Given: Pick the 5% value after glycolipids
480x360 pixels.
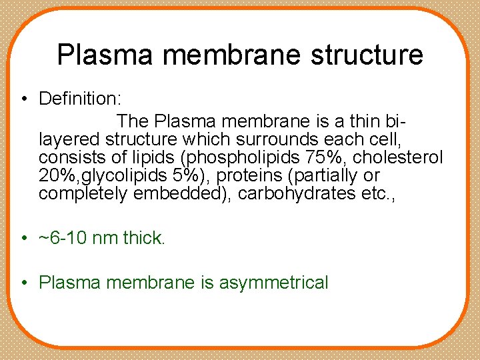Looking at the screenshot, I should coord(187,176).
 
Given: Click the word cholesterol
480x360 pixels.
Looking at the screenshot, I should coord(410,158).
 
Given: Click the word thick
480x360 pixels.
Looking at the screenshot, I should coord(143,238).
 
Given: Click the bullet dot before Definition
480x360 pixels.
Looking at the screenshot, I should coord(23,99).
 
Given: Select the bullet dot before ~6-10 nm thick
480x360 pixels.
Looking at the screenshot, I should coord(23,239).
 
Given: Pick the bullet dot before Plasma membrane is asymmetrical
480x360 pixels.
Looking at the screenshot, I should coord(23,283).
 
